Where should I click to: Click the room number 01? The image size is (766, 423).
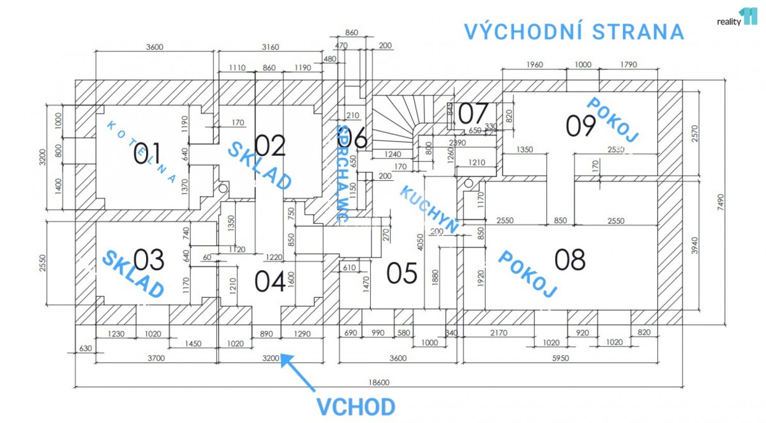(x=147, y=154)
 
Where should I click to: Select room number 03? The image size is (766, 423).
(x=149, y=260)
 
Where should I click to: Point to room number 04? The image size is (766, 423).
(x=270, y=281)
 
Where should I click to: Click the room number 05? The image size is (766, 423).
(x=402, y=273)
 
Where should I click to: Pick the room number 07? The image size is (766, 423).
(x=473, y=114)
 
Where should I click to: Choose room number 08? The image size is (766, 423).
(x=570, y=260)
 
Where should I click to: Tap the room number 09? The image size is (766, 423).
(x=581, y=126)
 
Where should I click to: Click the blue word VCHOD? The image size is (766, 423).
(x=356, y=407)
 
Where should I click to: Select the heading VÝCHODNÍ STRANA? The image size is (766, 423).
(x=574, y=31)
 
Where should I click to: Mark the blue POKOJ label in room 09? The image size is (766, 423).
(x=612, y=119)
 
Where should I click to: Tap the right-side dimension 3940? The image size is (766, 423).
(x=695, y=245)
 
